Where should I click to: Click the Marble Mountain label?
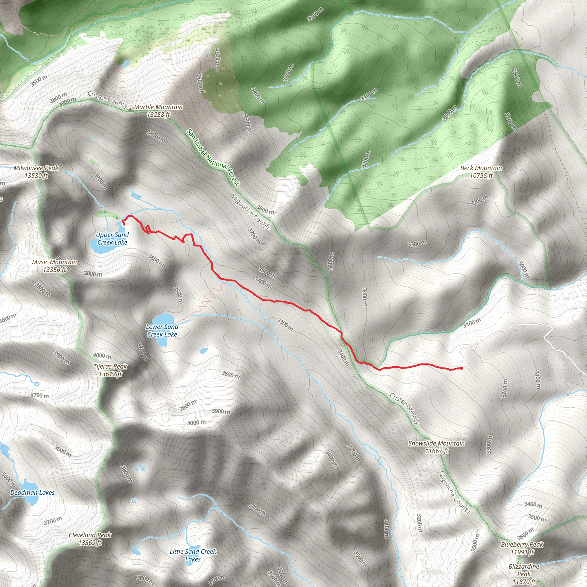[158, 107]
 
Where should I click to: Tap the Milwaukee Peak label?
[36, 168]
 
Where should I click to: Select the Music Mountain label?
[55, 262]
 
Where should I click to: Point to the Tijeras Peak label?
[110, 366]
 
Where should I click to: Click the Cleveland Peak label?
[90, 535]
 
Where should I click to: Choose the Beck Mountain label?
[481, 168]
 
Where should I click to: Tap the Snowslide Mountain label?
[436, 444]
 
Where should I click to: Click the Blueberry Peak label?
[522, 545]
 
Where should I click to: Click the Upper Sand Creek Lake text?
[112, 238]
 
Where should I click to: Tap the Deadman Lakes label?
[32, 492]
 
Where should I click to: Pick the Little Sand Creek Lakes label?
[193, 555]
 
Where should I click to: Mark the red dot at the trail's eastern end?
[461, 368]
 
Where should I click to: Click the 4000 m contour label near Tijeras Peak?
[102, 355]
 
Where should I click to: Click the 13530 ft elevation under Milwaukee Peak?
[36, 176]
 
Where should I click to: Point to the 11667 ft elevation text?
[436, 451]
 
